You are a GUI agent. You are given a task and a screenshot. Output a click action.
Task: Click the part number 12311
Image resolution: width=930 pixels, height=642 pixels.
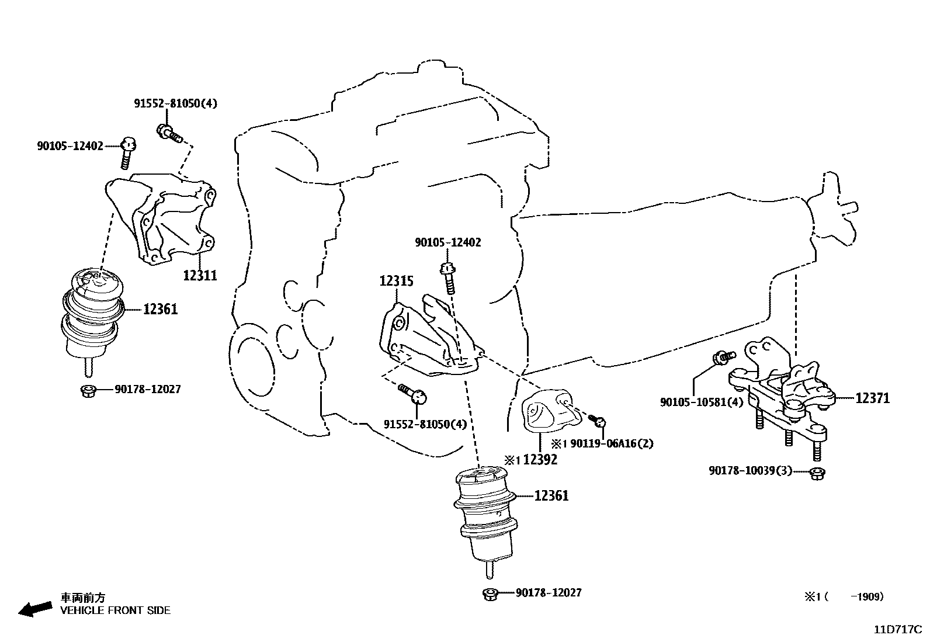[200, 275]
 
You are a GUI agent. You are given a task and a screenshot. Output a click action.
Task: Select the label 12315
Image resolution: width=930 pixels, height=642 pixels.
[396, 282]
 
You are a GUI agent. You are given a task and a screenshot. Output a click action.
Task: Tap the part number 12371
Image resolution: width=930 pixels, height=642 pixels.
[872, 398]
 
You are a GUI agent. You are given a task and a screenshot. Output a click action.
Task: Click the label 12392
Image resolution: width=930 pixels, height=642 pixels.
[540, 460]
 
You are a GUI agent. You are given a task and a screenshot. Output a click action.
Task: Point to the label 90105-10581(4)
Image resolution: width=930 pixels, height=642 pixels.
[702, 402]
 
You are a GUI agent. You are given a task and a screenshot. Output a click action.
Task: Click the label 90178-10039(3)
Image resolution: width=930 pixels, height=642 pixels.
[750, 471]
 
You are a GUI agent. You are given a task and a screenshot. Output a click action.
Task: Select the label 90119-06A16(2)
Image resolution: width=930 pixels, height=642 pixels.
[611, 443]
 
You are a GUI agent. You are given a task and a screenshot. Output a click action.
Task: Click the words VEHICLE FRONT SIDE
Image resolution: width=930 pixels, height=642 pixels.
[115, 610]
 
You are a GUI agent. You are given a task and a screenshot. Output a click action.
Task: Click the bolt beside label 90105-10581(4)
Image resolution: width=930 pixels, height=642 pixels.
[721, 357]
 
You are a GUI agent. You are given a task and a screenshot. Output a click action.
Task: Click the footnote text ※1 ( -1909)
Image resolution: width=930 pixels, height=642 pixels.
[844, 596]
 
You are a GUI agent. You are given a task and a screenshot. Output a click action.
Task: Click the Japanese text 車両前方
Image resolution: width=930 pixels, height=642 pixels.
[84, 598]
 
